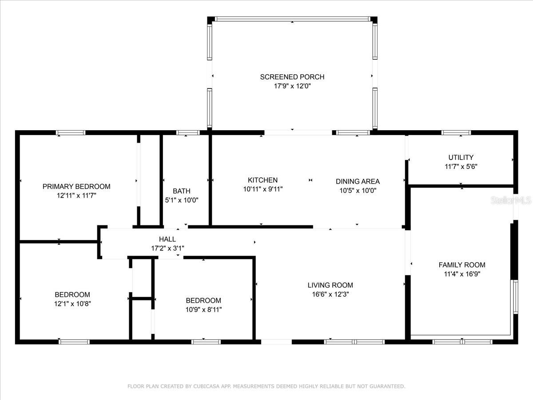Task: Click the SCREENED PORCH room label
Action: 292,77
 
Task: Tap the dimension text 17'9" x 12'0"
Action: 292,86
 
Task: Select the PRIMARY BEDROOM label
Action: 76,186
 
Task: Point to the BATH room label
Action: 181,191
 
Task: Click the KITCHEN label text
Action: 263,180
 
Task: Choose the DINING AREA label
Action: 358,181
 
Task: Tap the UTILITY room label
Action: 461,157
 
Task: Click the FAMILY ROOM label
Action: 462,265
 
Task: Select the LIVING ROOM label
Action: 330,285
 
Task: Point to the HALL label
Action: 167,239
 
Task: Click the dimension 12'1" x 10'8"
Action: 72,304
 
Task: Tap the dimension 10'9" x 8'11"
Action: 203,309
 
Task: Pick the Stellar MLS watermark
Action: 511,200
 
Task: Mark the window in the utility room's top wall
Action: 456,132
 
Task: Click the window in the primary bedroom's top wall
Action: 71,132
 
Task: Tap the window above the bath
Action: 188,132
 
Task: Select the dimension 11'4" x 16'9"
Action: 462,274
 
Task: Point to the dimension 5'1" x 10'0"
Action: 181,200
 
